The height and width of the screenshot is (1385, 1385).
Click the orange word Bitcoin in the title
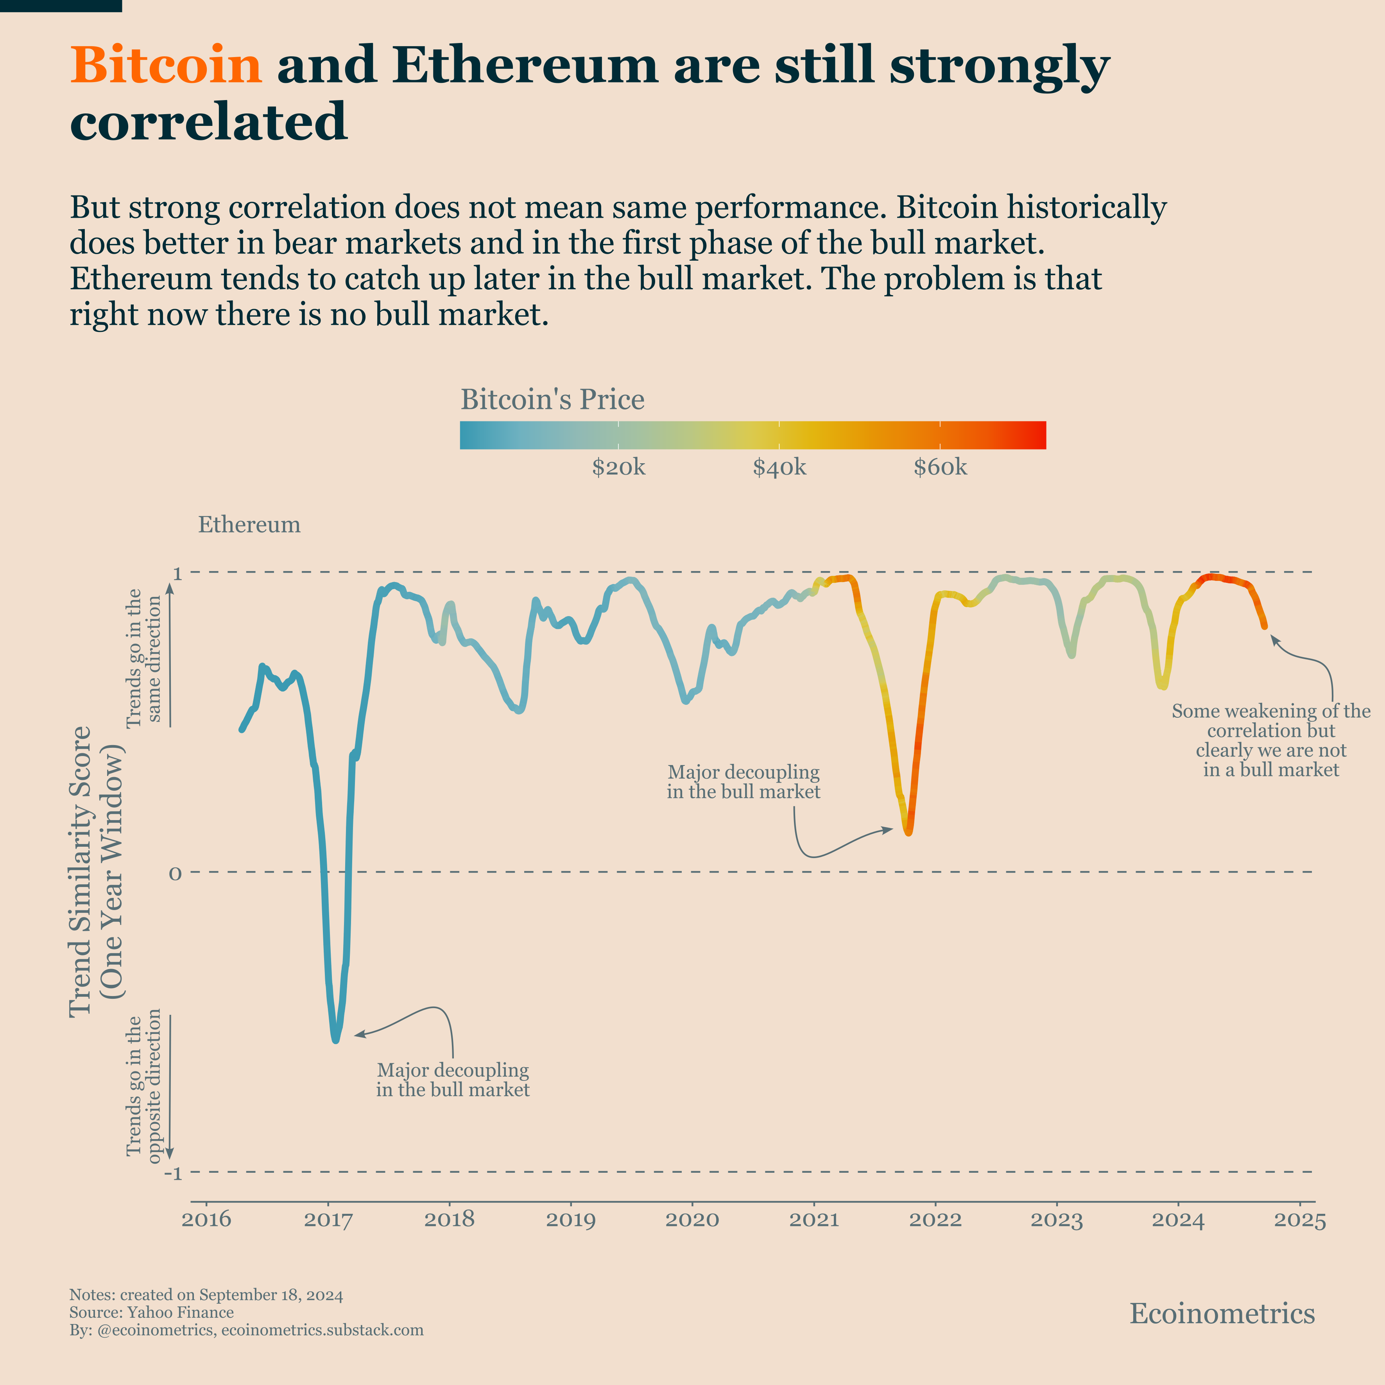click(x=166, y=66)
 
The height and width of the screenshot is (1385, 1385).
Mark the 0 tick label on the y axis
click(x=175, y=874)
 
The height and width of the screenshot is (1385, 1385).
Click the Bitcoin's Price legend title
click(x=552, y=399)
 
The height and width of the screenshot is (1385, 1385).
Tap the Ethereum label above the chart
click(x=249, y=525)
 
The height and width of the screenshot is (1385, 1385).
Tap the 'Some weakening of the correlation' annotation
click(x=1270, y=740)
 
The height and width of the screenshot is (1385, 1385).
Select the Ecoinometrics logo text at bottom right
click(x=1222, y=1313)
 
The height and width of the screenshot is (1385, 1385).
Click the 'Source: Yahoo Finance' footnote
click(x=151, y=1313)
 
